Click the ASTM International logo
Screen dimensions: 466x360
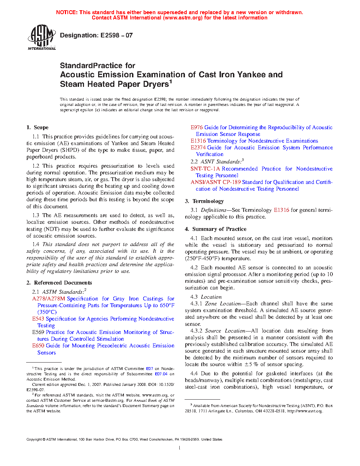click(x=42, y=37)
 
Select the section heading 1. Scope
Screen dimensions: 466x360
click(x=37, y=127)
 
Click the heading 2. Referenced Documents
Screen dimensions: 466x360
click(x=59, y=283)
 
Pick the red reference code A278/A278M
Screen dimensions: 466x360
click(x=49, y=299)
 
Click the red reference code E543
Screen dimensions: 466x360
click(x=38, y=319)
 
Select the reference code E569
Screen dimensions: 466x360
click(x=38, y=332)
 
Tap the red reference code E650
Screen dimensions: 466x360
click(x=38, y=346)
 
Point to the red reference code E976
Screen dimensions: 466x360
click(x=197, y=127)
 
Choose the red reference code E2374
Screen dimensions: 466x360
click(x=198, y=148)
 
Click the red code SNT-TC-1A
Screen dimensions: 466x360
click(x=205, y=169)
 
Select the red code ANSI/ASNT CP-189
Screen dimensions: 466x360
click(x=216, y=182)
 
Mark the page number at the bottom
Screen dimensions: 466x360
click(x=180, y=448)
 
